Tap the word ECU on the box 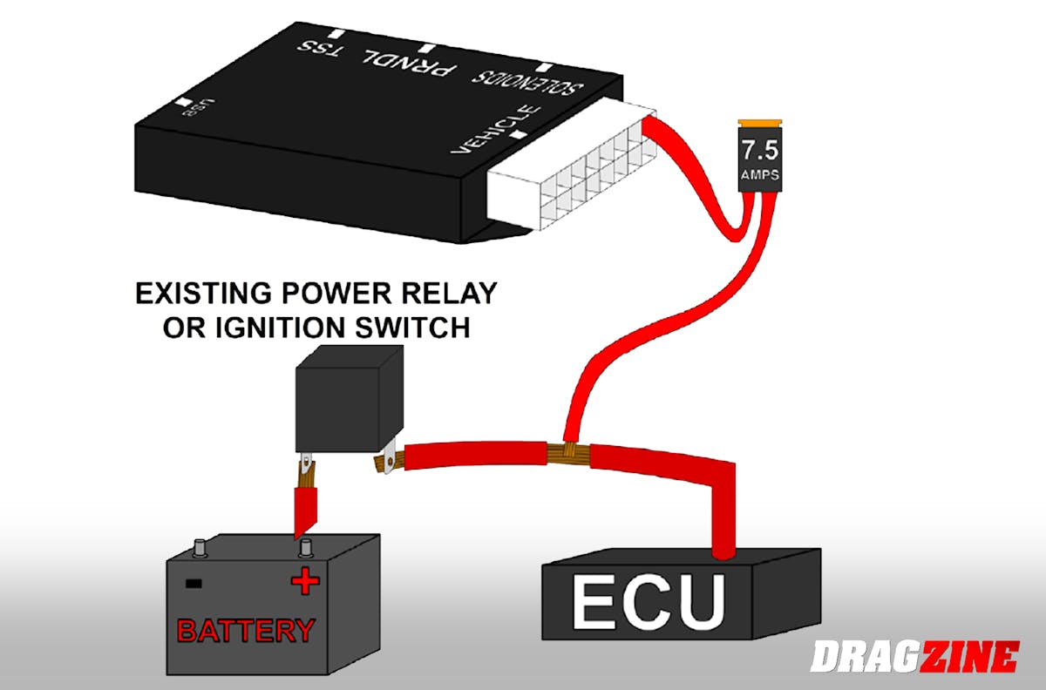[x=648, y=600]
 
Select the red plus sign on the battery [x=304, y=582]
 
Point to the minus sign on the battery [x=194, y=583]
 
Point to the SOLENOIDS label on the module [x=528, y=83]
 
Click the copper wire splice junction [x=567, y=451]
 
